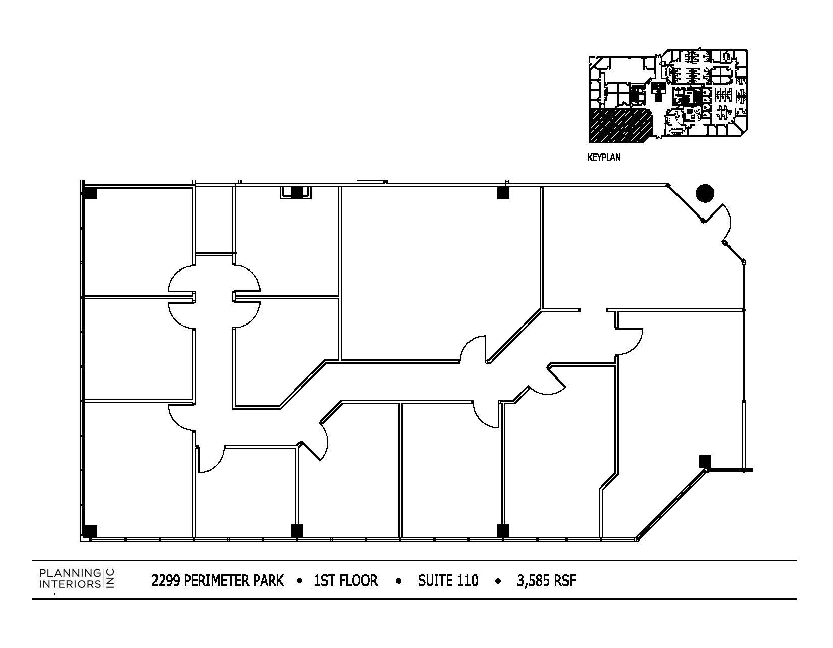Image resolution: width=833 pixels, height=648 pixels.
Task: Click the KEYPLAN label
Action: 604,157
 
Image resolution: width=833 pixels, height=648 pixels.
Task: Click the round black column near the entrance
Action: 705,193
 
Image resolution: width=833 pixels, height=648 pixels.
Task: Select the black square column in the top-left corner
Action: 90,193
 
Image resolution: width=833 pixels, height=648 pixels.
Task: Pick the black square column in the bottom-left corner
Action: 90,531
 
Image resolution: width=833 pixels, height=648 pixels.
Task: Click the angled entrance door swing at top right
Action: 723,222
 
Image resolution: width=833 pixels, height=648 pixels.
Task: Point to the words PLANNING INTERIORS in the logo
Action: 70,578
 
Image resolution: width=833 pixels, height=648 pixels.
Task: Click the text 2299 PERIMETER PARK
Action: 217,581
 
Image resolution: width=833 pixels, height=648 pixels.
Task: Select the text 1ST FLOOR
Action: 345,581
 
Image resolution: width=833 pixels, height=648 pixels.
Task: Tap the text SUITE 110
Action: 448,581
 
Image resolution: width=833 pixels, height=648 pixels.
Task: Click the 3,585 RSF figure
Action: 546,581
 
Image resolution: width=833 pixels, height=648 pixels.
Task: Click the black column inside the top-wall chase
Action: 296,192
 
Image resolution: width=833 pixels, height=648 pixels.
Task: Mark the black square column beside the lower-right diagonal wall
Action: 705,461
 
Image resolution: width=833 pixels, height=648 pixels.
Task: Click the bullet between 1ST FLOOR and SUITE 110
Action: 399,581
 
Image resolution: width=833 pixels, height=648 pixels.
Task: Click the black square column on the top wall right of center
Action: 503,193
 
